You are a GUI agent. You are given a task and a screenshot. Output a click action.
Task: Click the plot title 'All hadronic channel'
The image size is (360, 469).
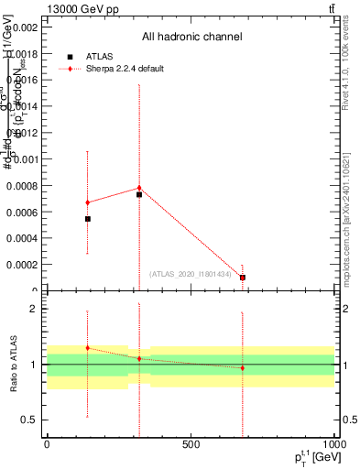coord(191,38)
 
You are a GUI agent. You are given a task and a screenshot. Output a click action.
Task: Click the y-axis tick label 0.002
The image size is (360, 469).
coord(24,27)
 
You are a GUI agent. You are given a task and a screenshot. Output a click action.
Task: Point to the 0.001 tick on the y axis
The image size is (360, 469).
coord(24,159)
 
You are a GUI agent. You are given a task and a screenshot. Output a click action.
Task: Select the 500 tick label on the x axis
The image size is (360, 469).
coord(191,444)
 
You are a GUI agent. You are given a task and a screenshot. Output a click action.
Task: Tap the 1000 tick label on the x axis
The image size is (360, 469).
coord(334,444)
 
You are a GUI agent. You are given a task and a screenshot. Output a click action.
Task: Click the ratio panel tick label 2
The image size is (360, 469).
coord(31,310)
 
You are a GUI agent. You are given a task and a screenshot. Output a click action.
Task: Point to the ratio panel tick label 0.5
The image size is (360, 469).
coord(27,420)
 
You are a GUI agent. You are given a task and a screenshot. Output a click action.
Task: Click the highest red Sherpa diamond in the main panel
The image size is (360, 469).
coord(139,188)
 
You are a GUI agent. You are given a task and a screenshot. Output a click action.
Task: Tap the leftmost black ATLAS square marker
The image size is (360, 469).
coord(88,219)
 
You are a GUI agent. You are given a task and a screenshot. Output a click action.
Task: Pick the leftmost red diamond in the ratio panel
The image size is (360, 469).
coord(88,348)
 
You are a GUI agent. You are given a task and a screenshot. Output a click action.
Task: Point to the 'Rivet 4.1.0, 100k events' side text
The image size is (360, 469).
coord(350,73)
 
